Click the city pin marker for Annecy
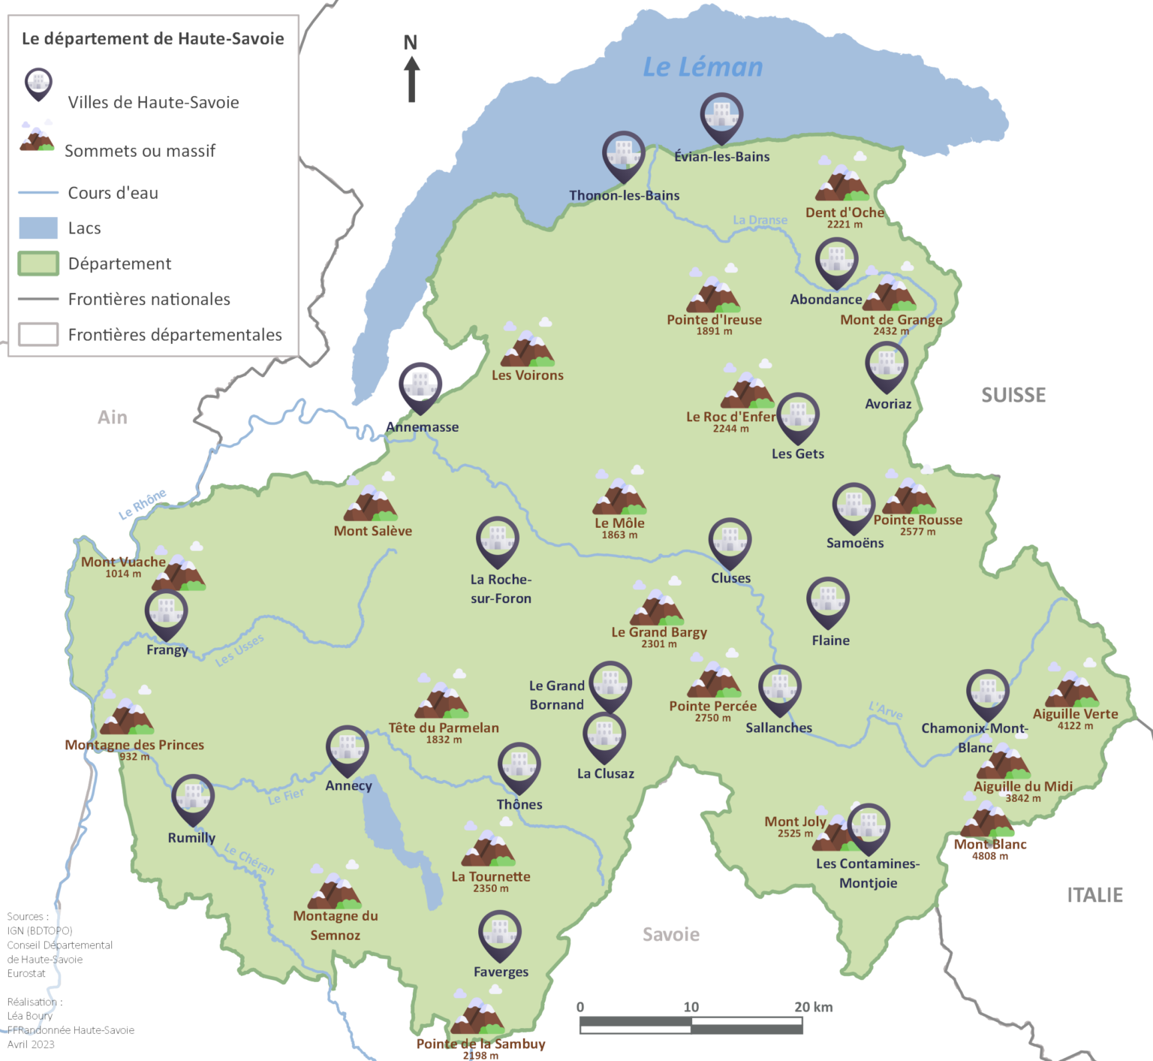[x=347, y=749]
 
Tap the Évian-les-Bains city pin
[x=721, y=117]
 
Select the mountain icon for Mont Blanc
[x=988, y=820]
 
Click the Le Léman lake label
[x=703, y=67]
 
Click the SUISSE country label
[x=1013, y=395]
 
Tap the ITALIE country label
[x=1094, y=895]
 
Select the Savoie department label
[x=671, y=934]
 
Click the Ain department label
[x=113, y=417]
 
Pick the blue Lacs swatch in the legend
[x=38, y=228]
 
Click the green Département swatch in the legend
[x=38, y=264]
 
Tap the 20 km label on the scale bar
[x=813, y=1007]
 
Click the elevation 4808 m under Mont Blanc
[x=989, y=856]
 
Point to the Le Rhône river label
[x=143, y=504]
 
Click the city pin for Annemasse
[x=420, y=387]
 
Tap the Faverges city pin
[x=500, y=934]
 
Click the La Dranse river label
[x=760, y=220]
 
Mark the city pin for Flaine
[x=828, y=601]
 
